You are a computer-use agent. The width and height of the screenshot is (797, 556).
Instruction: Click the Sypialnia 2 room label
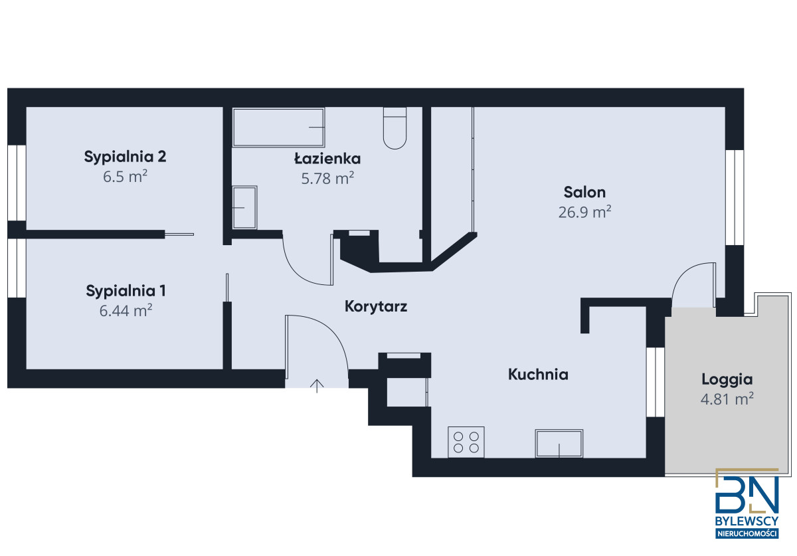[125, 157]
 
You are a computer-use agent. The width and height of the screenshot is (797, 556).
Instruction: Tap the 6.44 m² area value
[126, 311]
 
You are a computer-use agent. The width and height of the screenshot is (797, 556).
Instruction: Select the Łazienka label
[327, 158]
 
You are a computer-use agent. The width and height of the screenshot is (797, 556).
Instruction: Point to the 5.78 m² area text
[327, 178]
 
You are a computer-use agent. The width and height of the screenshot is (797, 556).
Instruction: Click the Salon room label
[584, 192]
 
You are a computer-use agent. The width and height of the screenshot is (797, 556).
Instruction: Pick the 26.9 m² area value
[584, 212]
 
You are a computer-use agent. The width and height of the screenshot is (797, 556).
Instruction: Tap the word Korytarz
[376, 306]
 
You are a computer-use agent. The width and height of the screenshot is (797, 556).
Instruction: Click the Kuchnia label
[538, 375]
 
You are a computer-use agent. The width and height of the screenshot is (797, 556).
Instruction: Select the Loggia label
[727, 380]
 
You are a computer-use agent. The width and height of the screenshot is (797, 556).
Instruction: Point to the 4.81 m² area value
[727, 399]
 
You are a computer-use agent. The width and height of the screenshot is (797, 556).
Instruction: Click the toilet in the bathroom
[395, 128]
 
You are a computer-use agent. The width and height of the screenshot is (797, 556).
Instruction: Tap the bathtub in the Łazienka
[278, 128]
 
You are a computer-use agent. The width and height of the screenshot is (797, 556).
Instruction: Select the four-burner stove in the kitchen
[466, 442]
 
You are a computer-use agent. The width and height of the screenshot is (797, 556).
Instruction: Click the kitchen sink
[559, 444]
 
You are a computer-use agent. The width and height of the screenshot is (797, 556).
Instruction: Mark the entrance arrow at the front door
[317, 386]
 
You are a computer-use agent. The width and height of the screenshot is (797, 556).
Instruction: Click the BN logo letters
[747, 495]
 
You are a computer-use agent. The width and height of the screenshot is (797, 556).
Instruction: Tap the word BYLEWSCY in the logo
[747, 521]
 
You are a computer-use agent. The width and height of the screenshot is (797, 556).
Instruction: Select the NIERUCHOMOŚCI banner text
[747, 533]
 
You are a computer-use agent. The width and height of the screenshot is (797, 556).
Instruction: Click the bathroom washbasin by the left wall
[244, 207]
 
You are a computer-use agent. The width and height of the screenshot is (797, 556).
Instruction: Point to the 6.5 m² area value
[126, 177]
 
